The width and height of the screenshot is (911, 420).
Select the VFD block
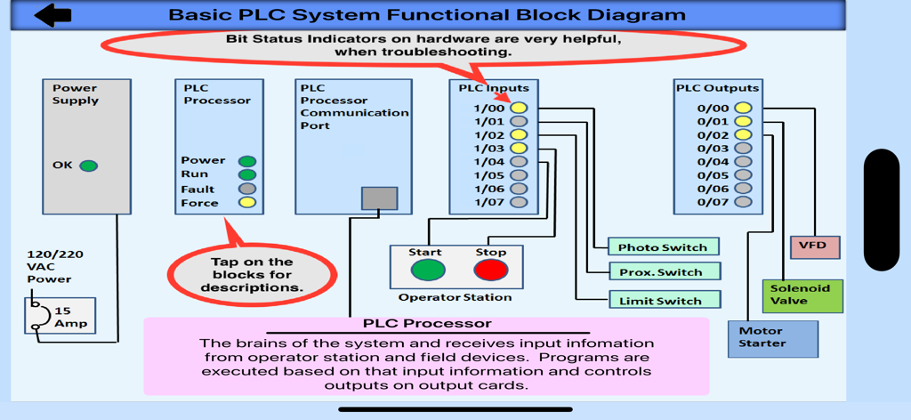point(814,246)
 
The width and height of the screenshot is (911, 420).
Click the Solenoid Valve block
point(801,295)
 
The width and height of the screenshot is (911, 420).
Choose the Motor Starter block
point(771,338)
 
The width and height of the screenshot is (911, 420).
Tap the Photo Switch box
point(663,247)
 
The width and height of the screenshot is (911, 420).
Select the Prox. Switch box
point(663,272)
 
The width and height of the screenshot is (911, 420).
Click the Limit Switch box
point(663,301)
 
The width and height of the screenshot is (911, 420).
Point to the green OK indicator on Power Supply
point(88,166)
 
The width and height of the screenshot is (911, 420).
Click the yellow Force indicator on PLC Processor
point(247,203)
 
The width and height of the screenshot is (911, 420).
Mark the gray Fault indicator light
point(247,189)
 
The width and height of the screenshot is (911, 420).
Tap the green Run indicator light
point(247,174)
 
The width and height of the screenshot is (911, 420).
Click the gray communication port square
point(379,198)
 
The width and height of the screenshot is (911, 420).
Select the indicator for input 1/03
point(519,149)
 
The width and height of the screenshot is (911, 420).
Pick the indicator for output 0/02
point(743,135)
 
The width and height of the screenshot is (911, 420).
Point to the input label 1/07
point(488,202)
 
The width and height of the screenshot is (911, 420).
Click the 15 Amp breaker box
point(60,316)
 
